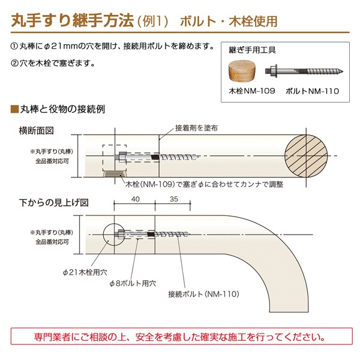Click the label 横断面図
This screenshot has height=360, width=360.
pos(36,130)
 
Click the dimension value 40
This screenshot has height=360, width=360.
pos(135,199)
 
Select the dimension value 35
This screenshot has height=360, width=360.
pos(174,199)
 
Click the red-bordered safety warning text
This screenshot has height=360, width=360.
pos(180,337)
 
